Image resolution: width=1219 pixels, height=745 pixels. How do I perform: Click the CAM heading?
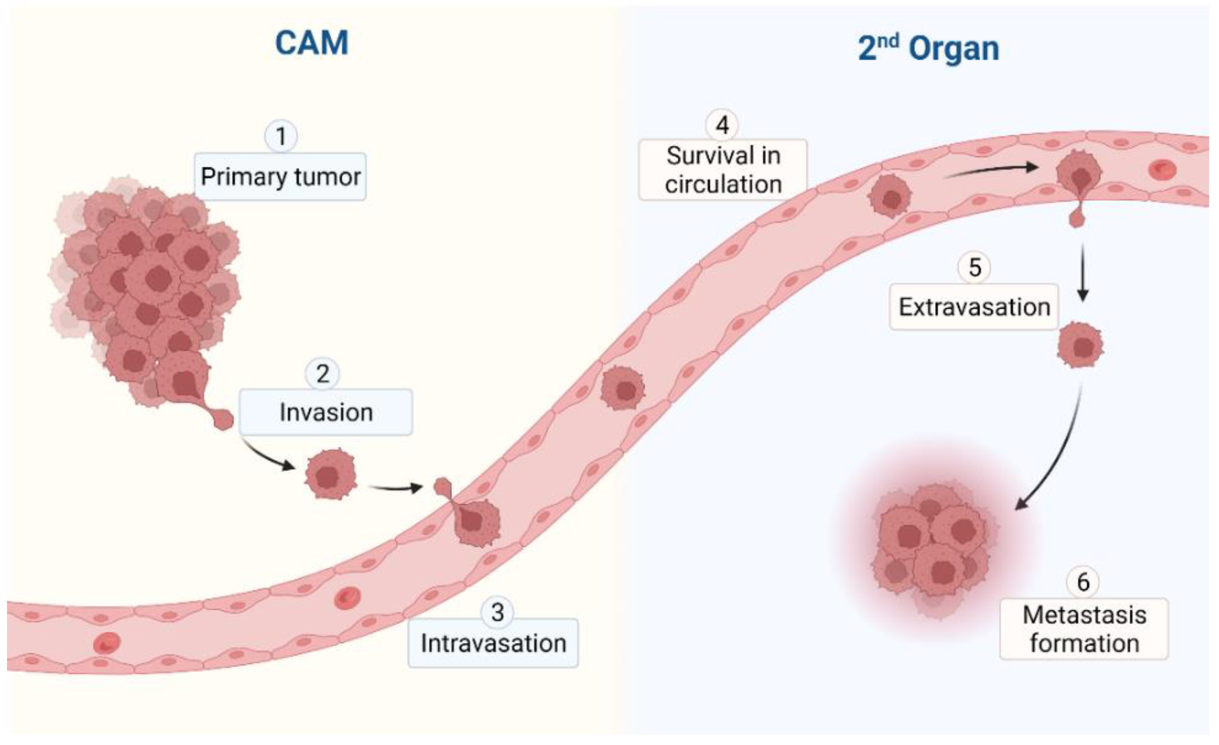(x=312, y=43)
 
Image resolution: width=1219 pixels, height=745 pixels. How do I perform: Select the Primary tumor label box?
(x=280, y=177)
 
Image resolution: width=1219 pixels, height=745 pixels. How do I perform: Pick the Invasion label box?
(x=326, y=412)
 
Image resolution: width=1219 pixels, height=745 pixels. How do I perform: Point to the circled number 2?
(x=323, y=374)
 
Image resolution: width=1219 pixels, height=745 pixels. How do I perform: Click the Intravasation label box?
(x=493, y=644)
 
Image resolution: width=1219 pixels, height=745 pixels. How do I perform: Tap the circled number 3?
(x=497, y=612)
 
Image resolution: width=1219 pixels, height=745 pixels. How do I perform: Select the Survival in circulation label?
(x=723, y=170)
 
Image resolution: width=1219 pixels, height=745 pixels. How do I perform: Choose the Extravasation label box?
(x=974, y=307)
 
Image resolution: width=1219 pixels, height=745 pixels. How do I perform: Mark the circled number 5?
(x=974, y=268)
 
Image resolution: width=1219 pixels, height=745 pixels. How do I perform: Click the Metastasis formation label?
(x=1084, y=629)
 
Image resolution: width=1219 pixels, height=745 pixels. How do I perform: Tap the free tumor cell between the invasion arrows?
(x=331, y=474)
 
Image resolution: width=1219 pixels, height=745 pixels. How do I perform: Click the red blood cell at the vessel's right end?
(x=1162, y=170)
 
